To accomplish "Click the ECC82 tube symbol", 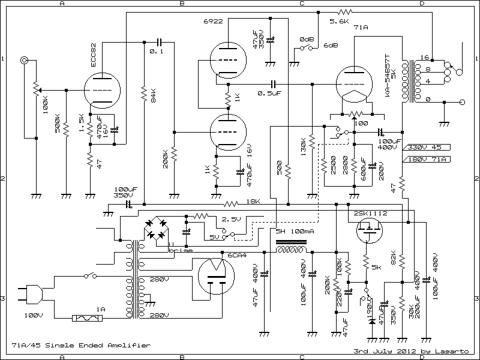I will click(99, 90).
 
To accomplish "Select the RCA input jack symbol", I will click(25, 61).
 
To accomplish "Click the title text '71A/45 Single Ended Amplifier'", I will click(80, 346).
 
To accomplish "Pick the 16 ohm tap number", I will click(424, 58).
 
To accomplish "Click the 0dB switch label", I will click(307, 39).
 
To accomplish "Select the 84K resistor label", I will click(153, 96).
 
